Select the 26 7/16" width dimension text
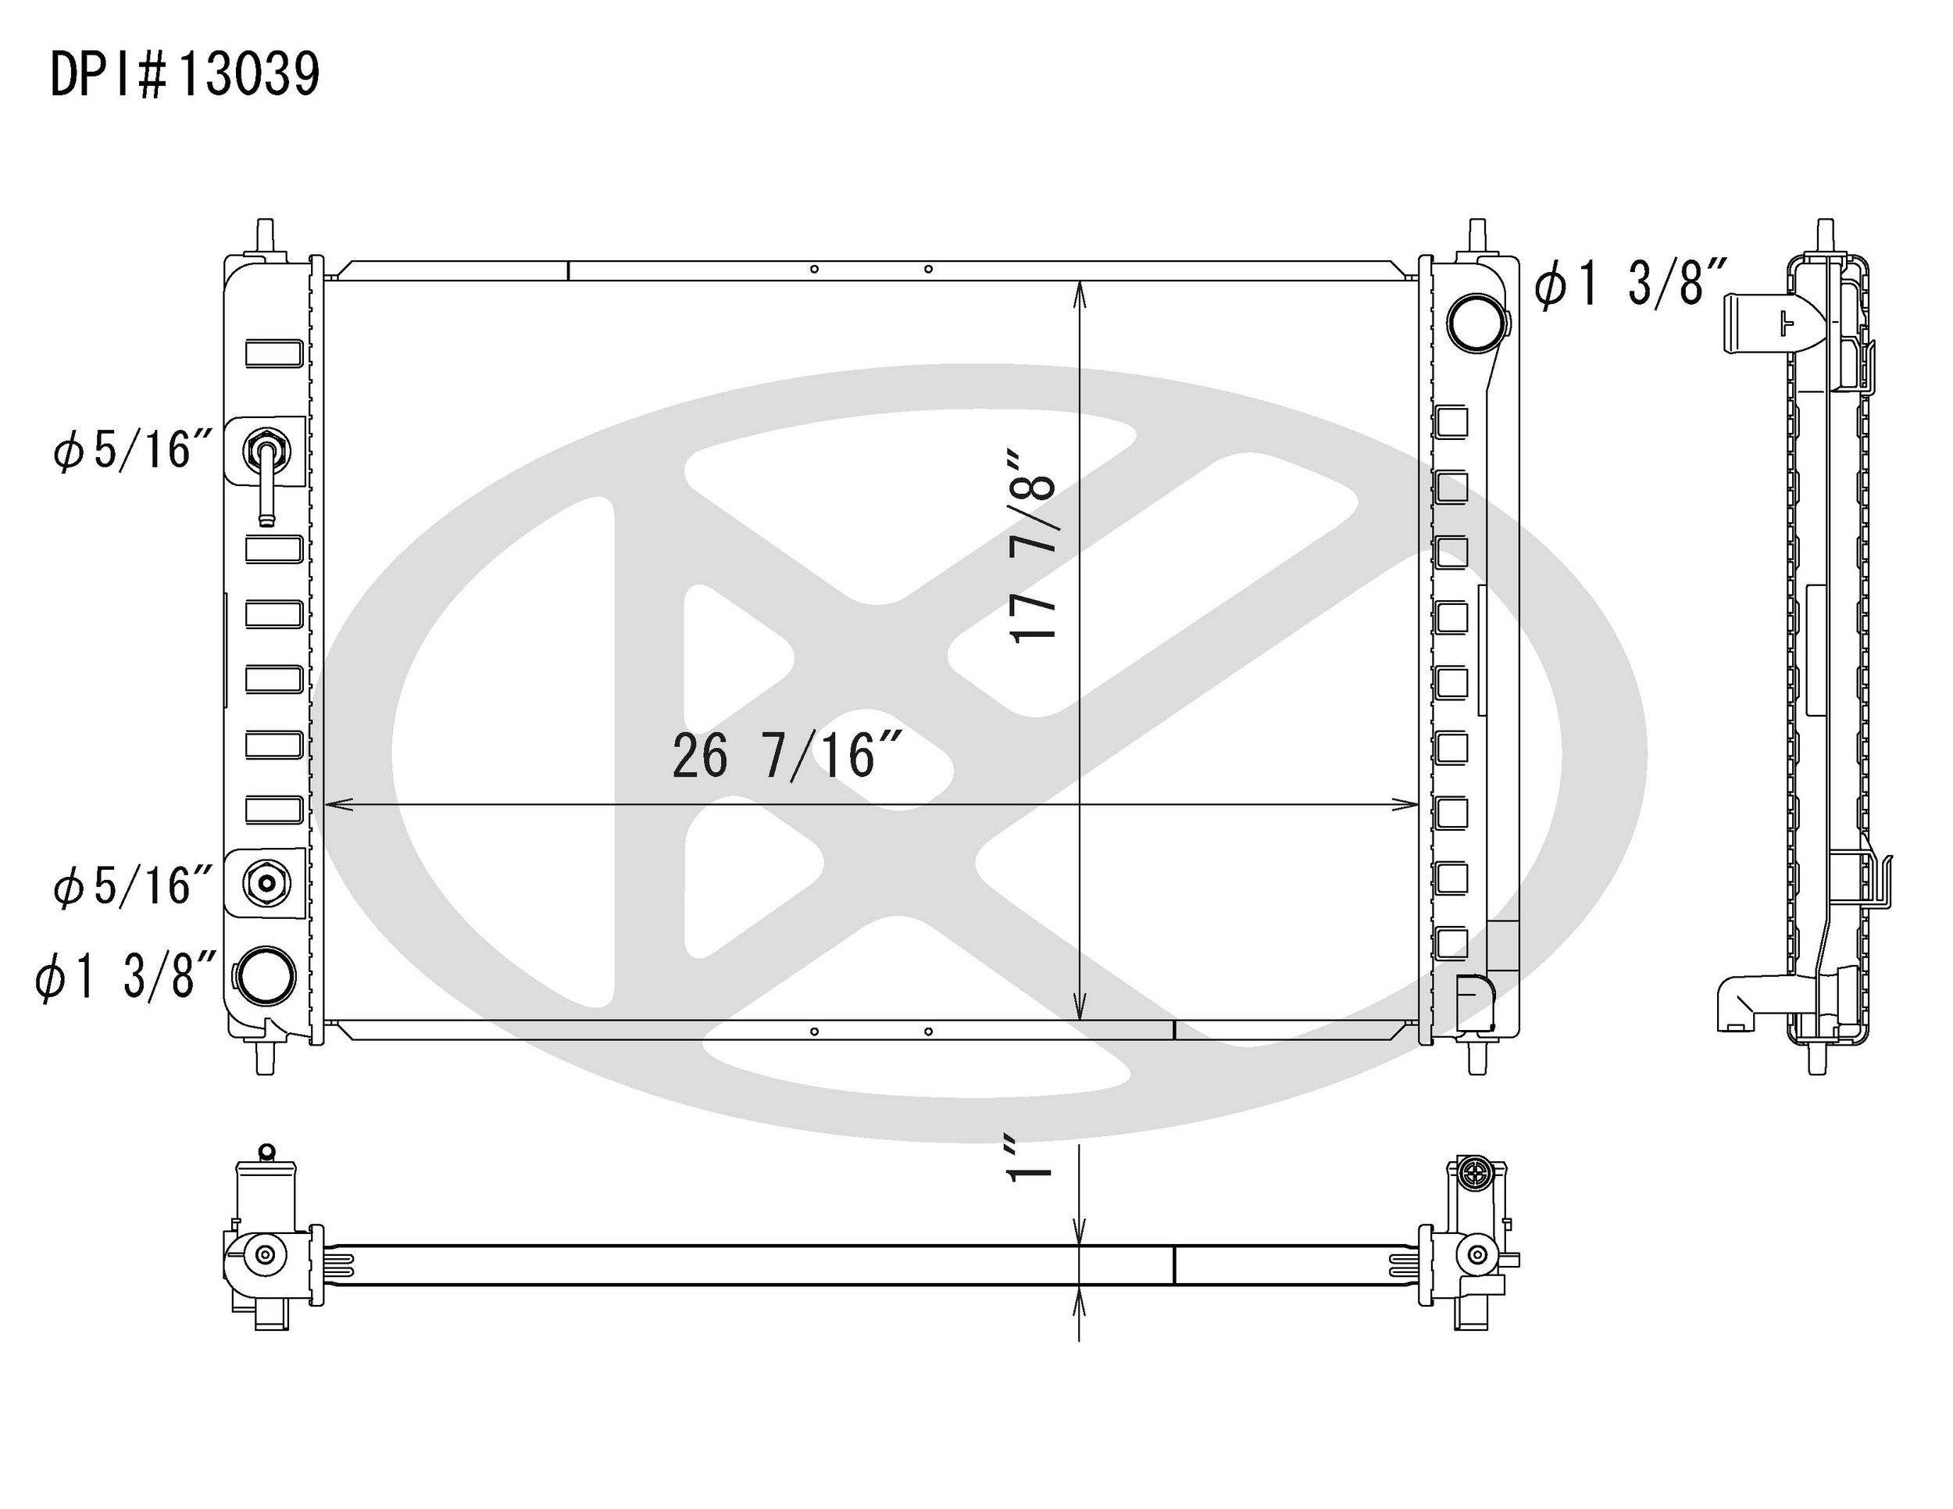[x=785, y=756]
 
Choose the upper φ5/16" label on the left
[x=134, y=449]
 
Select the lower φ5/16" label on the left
[x=134, y=886]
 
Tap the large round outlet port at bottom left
[x=266, y=975]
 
